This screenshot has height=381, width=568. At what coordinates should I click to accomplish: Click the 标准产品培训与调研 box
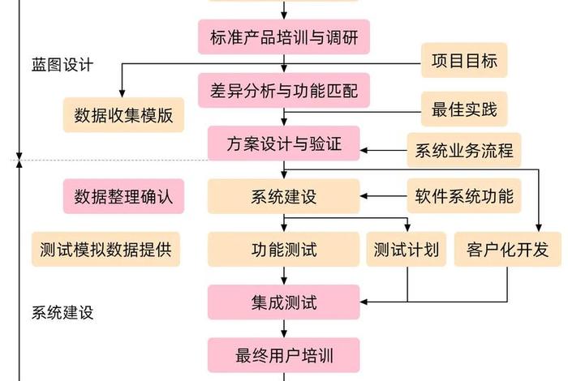[283, 36]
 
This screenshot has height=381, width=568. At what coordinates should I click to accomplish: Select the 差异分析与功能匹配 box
[283, 90]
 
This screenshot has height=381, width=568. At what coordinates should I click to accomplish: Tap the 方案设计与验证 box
[283, 143]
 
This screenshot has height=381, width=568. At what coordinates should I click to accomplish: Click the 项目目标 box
[464, 61]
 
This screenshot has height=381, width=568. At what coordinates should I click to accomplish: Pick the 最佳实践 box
[464, 109]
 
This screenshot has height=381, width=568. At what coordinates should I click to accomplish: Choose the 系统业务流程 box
[463, 151]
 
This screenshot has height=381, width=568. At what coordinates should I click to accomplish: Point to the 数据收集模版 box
[123, 114]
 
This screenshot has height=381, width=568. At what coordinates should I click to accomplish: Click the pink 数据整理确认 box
[123, 196]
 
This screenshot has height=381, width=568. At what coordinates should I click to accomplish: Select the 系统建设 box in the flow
[283, 197]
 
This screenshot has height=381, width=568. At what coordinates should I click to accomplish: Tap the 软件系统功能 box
[463, 196]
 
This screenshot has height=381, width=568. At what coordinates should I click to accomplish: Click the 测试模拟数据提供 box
[105, 250]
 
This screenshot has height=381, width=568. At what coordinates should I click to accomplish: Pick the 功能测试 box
[283, 250]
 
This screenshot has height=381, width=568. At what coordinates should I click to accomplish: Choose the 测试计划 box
[407, 250]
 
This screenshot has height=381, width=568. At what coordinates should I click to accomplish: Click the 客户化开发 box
[507, 250]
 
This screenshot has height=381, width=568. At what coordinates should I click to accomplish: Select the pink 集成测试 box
[283, 302]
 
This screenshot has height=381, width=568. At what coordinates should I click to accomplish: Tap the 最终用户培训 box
[283, 355]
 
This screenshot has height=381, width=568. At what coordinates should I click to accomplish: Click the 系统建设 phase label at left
[62, 311]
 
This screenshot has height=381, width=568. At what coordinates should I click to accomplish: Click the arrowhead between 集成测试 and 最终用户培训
[283, 333]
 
